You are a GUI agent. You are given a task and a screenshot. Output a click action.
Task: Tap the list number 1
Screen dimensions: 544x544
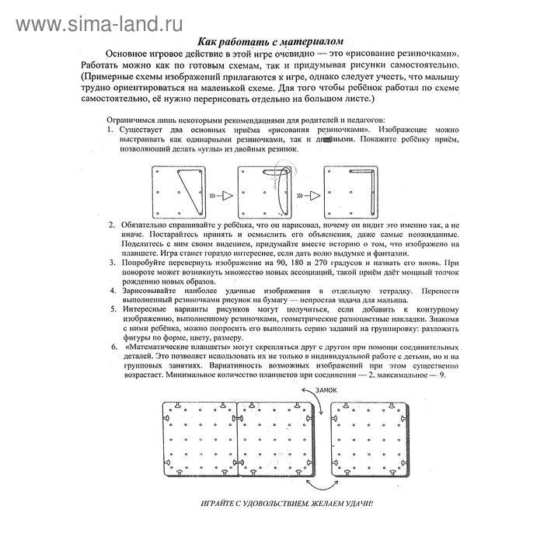point(111,130)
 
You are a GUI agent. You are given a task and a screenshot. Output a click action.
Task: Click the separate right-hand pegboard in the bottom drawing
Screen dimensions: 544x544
point(367,440)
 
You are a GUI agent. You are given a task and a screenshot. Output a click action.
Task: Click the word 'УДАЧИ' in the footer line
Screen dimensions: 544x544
point(356,503)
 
